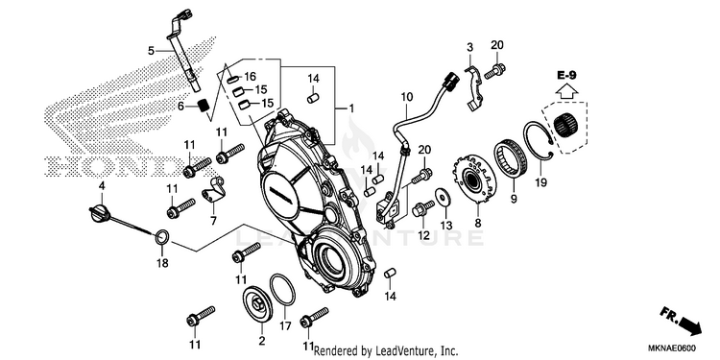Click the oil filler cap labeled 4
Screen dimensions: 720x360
(99, 214)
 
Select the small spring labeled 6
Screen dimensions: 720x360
(203, 106)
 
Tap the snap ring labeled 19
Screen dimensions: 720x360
(539, 140)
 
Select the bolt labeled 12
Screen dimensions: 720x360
(423, 208)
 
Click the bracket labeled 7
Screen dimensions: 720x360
(213, 190)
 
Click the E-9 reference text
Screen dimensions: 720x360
(566, 75)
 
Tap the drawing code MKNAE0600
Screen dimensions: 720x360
(673, 348)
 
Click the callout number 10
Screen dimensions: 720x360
(406, 97)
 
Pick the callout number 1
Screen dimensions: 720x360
(350, 108)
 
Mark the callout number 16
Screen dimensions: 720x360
(250, 76)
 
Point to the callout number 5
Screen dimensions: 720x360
(152, 51)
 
